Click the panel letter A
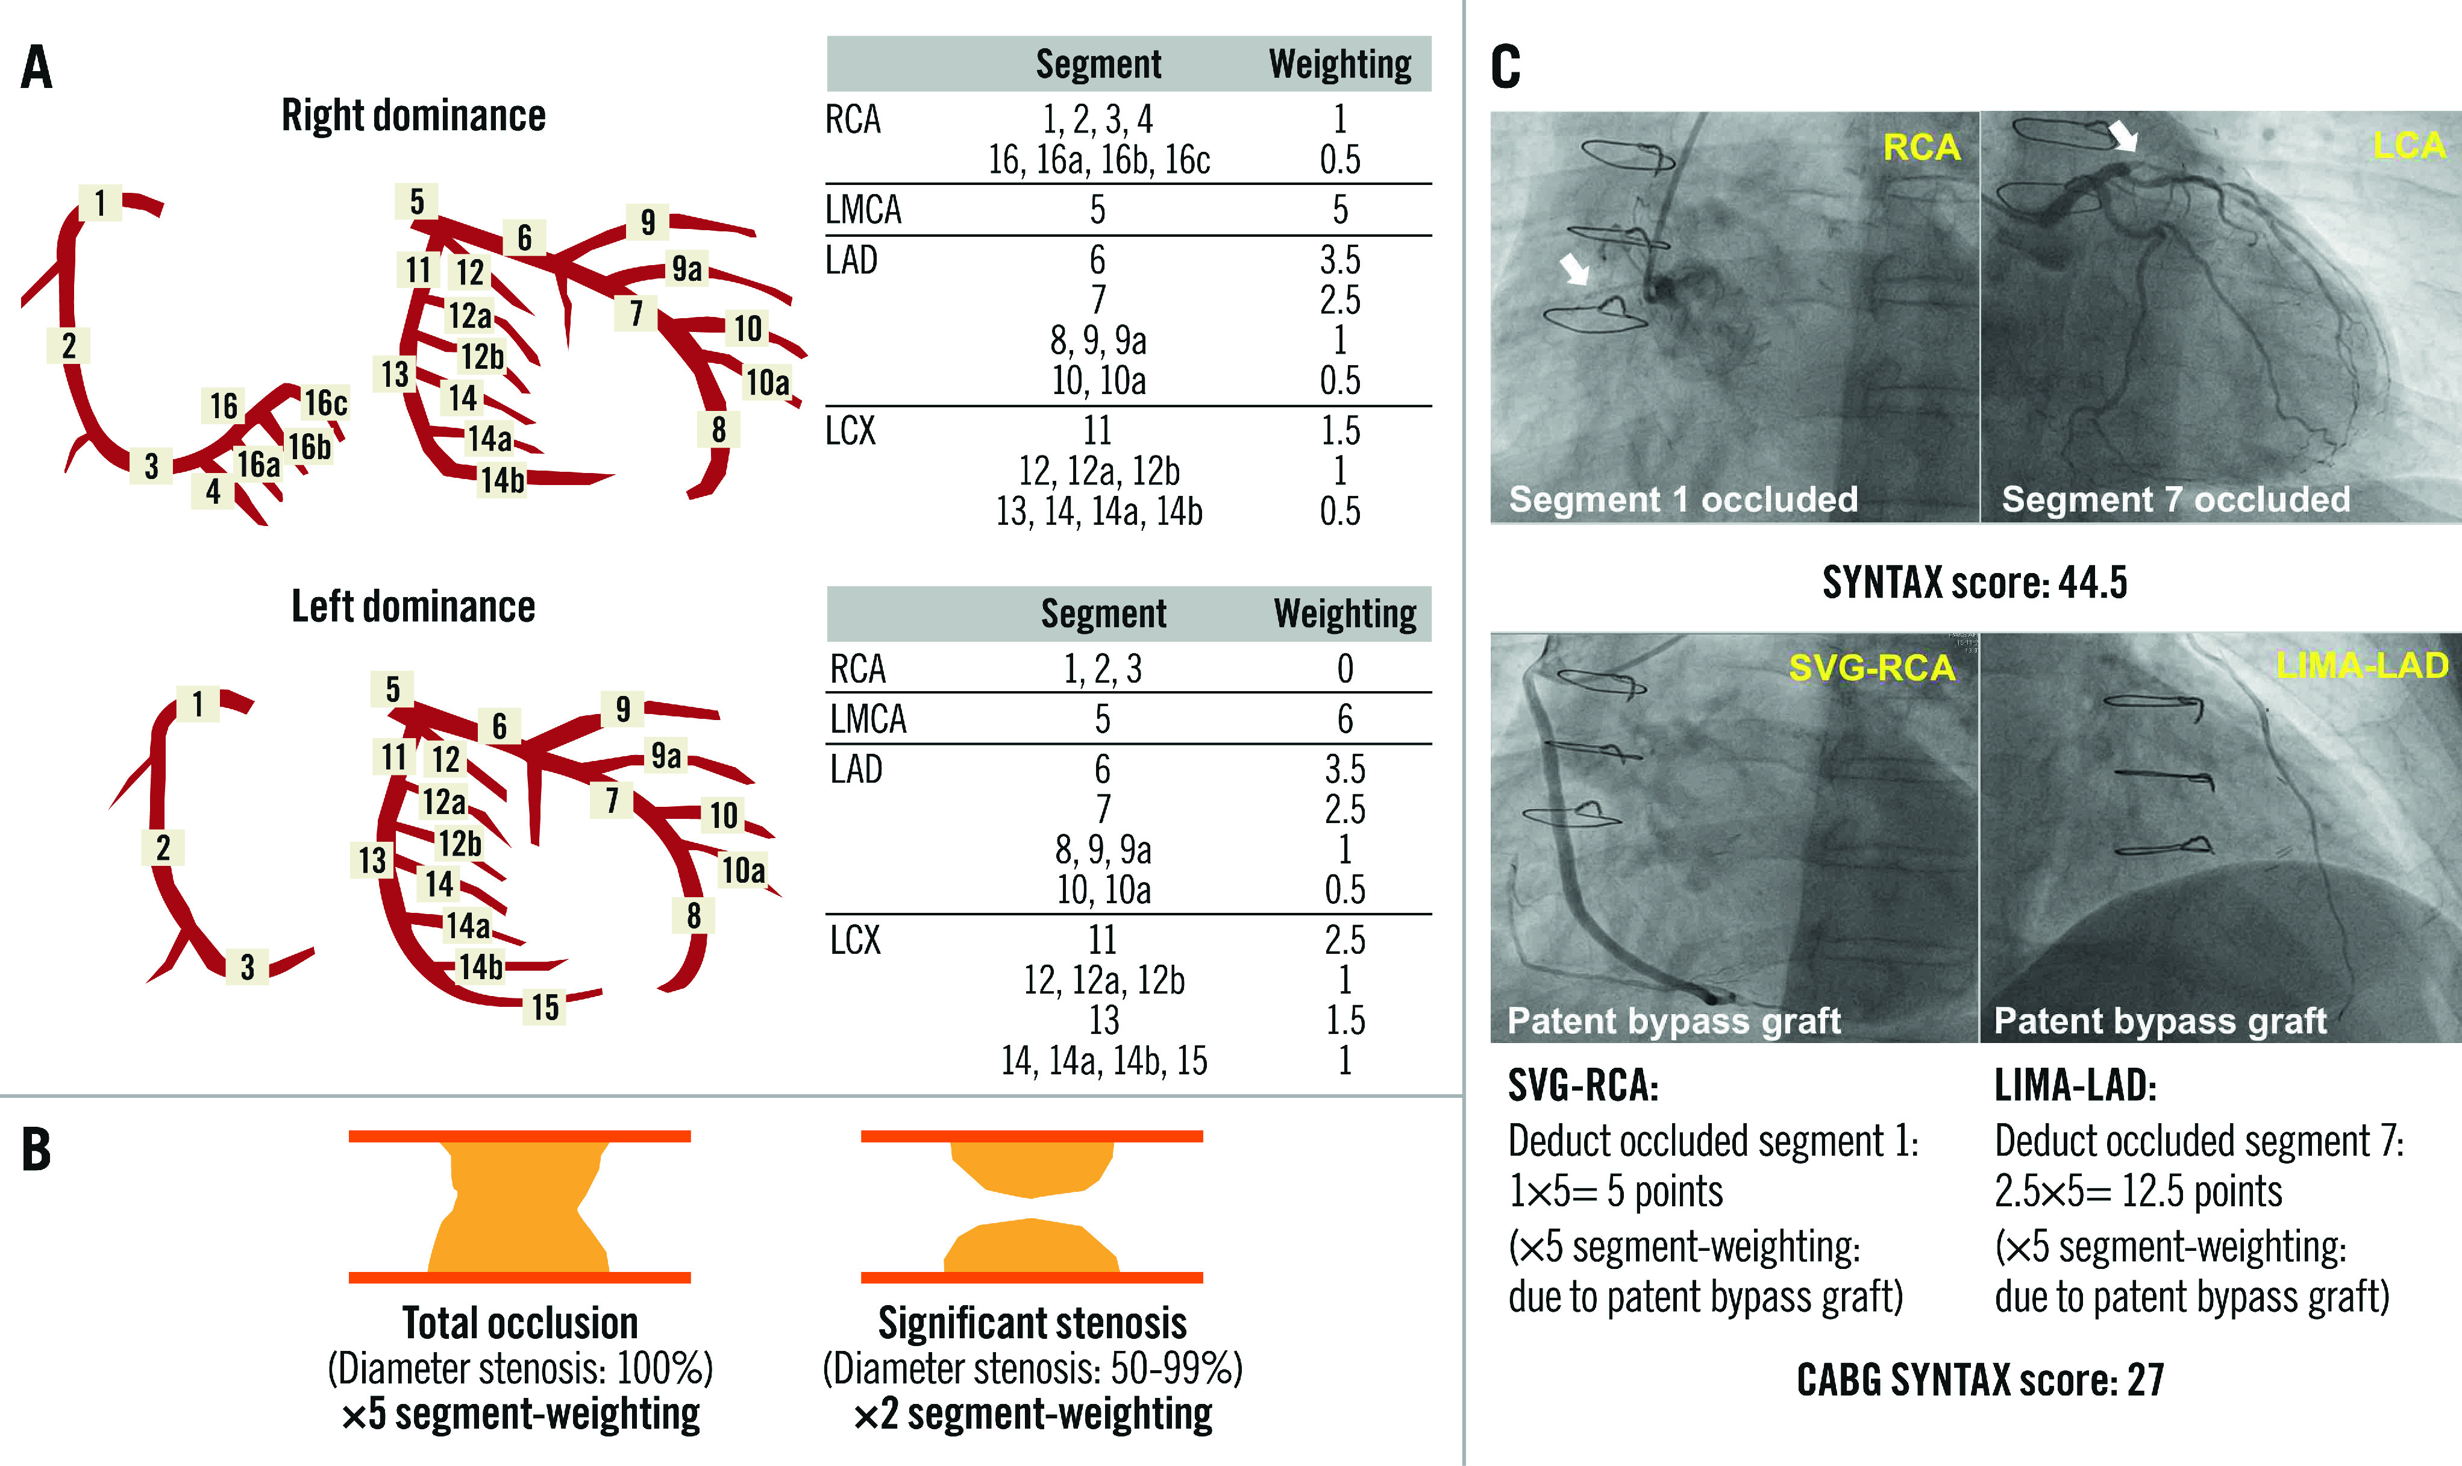37,67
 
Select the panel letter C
1505,67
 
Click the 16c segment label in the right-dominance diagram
325,403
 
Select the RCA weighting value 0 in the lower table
1344,669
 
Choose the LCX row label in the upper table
850,431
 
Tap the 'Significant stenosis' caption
1032,1323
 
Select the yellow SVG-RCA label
1872,668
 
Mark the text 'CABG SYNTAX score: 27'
1979,1379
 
